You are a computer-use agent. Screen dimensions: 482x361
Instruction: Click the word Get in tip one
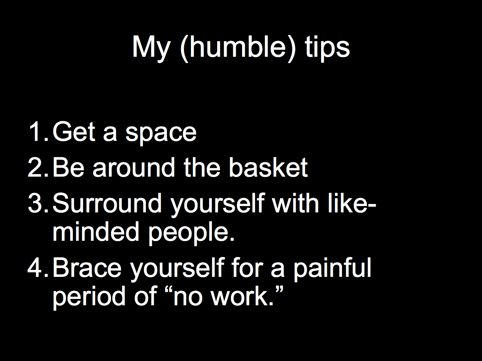(74, 131)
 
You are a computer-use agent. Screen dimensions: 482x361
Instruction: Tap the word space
(161, 134)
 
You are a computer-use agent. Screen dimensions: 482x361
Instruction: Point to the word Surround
(107, 203)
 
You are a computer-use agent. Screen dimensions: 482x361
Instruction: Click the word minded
(96, 231)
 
